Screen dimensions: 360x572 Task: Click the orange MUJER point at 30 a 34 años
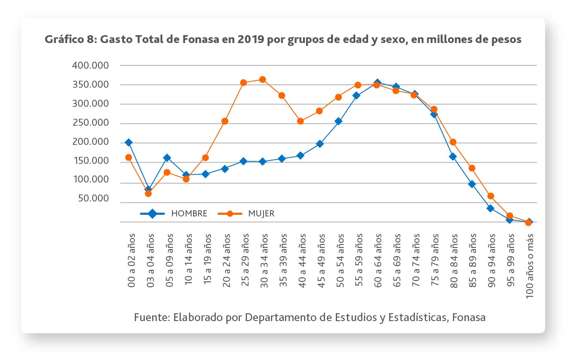pyautogui.click(x=262, y=79)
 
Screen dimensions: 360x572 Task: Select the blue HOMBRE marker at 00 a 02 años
pyautogui.click(x=129, y=142)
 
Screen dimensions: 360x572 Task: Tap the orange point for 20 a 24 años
pyautogui.click(x=225, y=121)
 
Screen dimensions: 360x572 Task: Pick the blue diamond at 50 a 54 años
pyautogui.click(x=338, y=121)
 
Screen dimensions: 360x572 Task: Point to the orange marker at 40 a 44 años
pyautogui.click(x=300, y=121)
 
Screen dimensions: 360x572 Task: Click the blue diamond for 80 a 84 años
pyautogui.click(x=453, y=156)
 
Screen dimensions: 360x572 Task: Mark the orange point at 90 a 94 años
pyautogui.click(x=491, y=196)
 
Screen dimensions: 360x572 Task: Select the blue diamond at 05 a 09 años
pyautogui.click(x=167, y=158)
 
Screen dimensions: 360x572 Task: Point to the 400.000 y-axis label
pyautogui.click(x=91, y=65)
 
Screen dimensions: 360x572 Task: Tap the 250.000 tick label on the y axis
pyautogui.click(x=91, y=122)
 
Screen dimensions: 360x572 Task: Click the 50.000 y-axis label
pyautogui.click(x=93, y=199)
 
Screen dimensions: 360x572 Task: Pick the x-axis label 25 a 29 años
pyautogui.click(x=245, y=260)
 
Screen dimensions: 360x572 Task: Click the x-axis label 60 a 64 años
pyautogui.click(x=378, y=260)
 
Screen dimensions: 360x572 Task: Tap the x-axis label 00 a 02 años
pyautogui.click(x=132, y=260)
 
